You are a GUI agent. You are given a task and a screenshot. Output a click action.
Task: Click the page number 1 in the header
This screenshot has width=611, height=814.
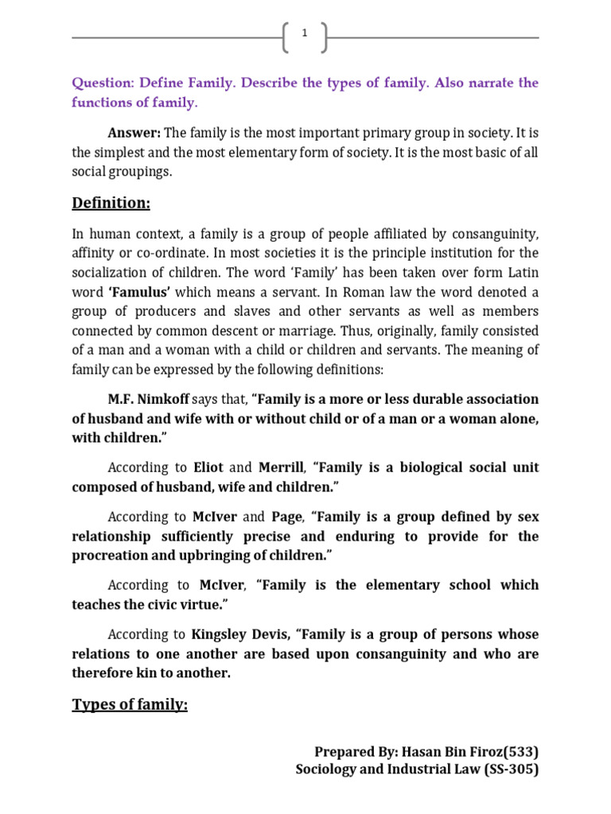[304, 33]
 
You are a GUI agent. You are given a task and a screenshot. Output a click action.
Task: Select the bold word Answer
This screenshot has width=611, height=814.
[134, 132]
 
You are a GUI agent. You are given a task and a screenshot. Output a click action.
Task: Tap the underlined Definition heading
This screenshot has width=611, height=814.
[111, 203]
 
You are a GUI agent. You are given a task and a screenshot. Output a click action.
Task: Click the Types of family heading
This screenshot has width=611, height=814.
[130, 704]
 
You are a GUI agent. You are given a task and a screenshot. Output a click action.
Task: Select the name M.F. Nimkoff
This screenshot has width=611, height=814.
[149, 399]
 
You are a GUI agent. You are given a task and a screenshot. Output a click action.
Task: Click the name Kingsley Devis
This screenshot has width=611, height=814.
[240, 634]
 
